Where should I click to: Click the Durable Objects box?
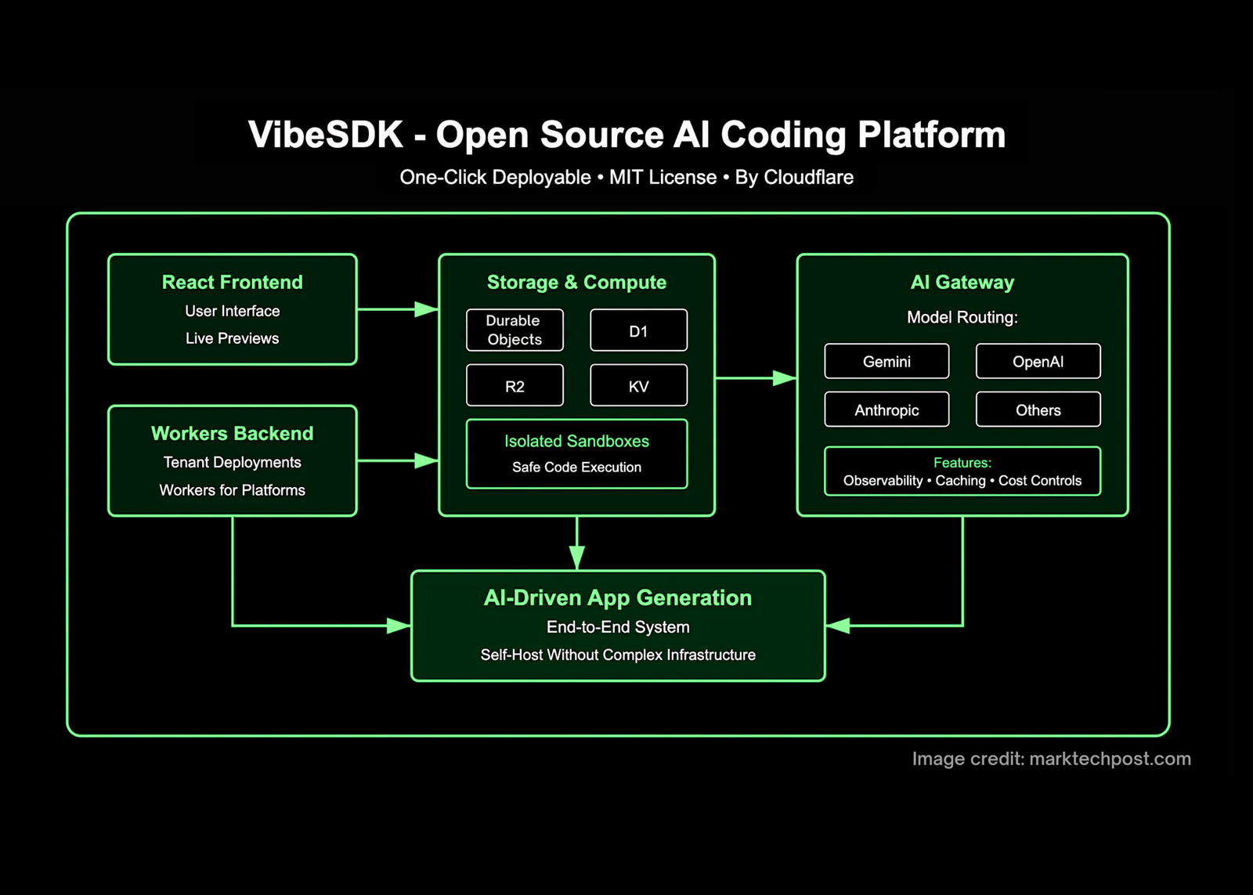[515, 330]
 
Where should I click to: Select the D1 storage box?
[638, 330]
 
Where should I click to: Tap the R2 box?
[515, 385]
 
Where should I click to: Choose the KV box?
[638, 385]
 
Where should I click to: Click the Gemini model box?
[886, 361]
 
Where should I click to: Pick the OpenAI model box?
[1038, 361]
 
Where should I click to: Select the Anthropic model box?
[886, 410]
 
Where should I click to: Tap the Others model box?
[1038, 410]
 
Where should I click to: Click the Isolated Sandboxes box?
[576, 453]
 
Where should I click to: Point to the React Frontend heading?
[232, 282]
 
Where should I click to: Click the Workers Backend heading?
[232, 433]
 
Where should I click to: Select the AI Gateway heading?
[962, 282]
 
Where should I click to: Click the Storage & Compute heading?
[576, 282]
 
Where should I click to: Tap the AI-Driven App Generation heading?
[617, 597]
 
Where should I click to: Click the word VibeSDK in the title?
[325, 135]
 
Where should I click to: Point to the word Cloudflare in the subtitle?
[808, 177]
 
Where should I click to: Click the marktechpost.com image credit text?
[1110, 758]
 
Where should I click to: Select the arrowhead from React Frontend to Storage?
[426, 309]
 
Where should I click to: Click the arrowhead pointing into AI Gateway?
[784, 378]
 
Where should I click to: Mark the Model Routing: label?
[962, 317]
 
